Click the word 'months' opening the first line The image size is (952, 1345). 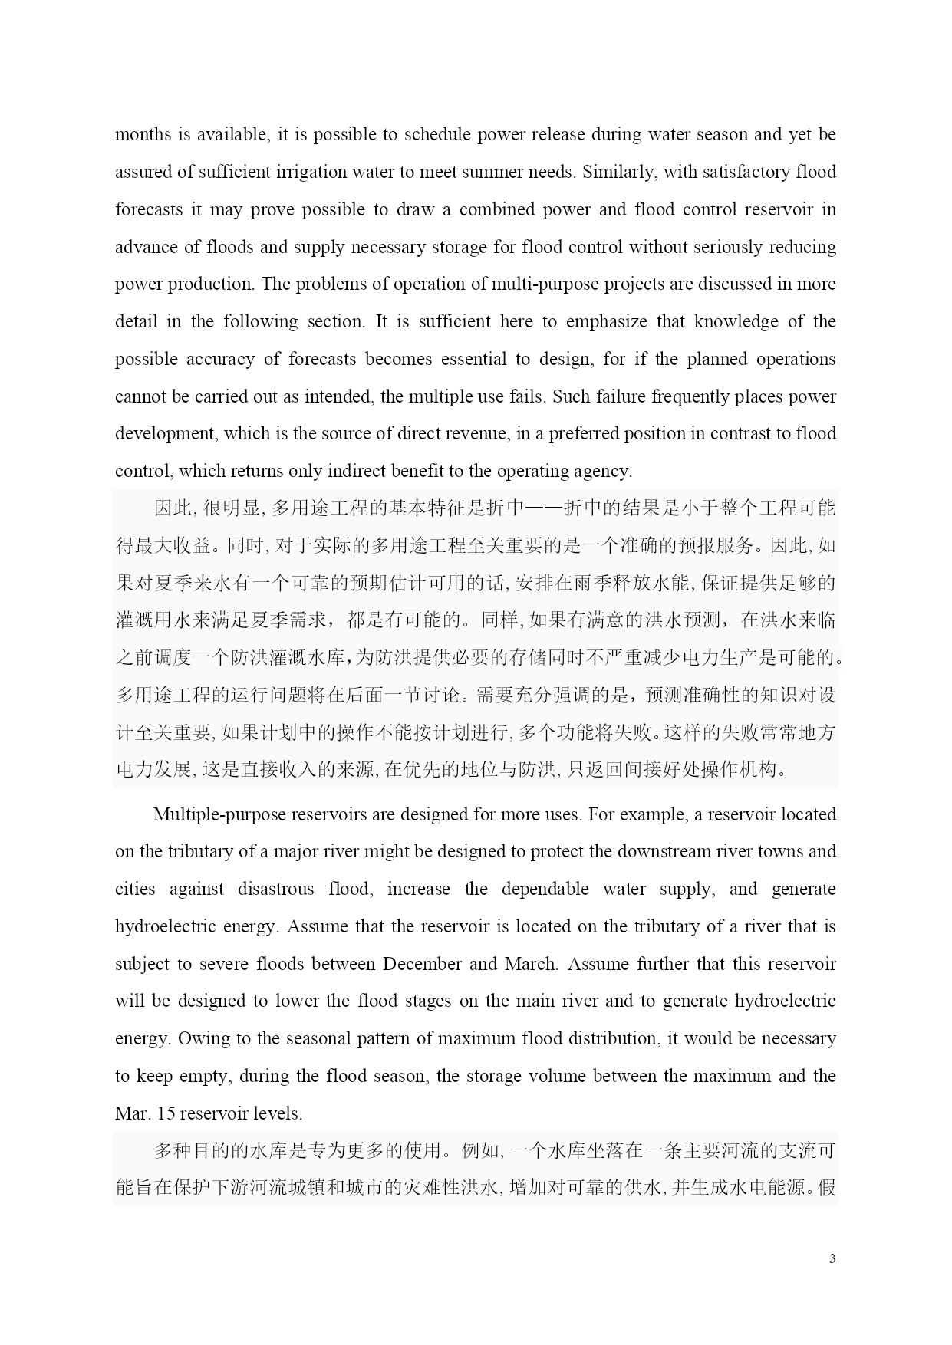point(143,135)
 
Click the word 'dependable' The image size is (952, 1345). point(545,890)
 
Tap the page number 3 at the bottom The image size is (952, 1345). point(832,1258)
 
